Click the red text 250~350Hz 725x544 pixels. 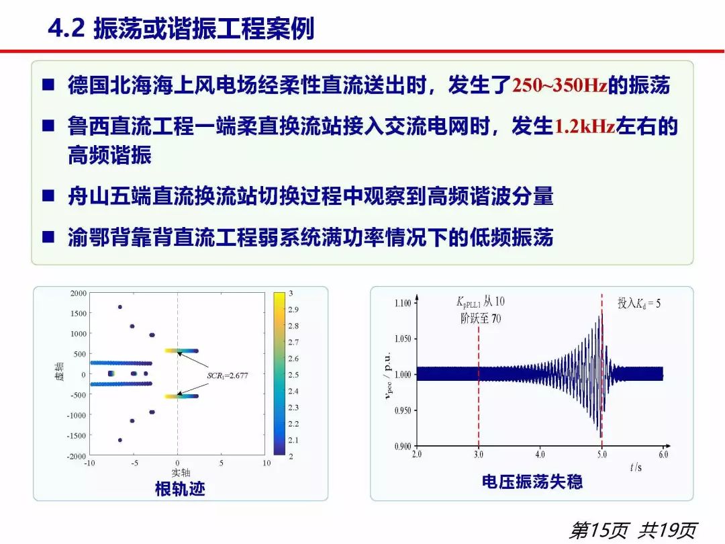(559, 85)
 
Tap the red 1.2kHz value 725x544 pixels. (585, 126)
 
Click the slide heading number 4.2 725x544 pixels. (66, 29)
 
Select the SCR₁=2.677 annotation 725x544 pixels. (228, 375)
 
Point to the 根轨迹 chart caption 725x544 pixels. (180, 488)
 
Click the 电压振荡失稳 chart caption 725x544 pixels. (532, 482)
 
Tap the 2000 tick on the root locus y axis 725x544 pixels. (78, 293)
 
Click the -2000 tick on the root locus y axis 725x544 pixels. (77, 456)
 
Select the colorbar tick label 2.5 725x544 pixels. (293, 375)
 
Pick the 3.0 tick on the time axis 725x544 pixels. (479, 454)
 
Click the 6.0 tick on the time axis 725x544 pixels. (663, 454)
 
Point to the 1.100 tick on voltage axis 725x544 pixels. (403, 303)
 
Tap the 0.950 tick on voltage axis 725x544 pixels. (403, 410)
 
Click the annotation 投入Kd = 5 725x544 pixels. (639, 304)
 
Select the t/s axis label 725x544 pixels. (636, 467)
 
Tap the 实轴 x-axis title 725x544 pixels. (181, 472)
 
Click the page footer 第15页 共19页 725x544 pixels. (632, 530)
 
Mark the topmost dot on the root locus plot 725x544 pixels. (119, 307)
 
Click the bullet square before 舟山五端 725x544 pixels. (48, 195)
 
